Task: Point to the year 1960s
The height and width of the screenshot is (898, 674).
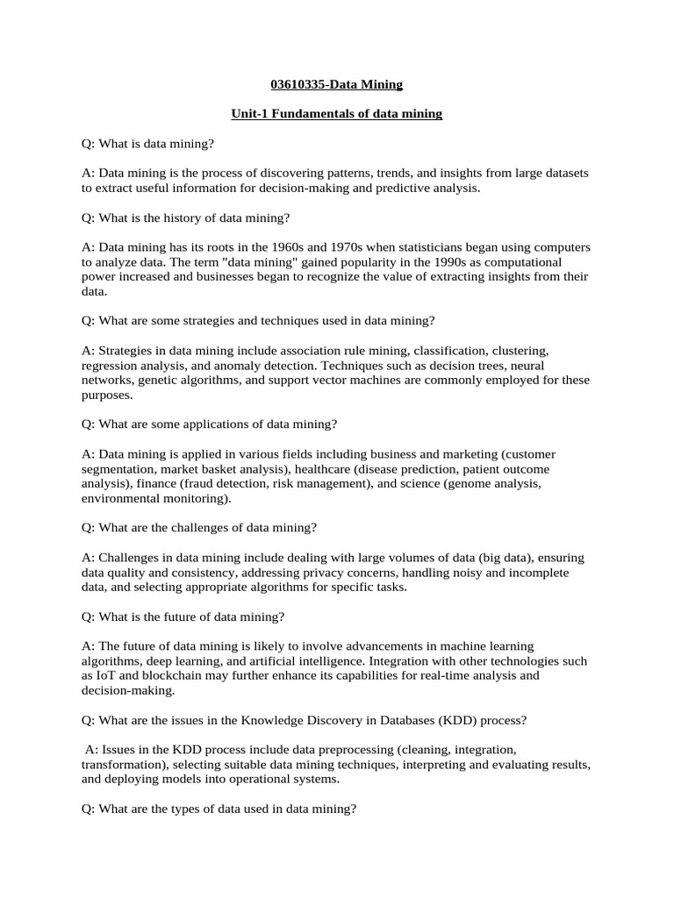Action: click(x=294, y=247)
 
